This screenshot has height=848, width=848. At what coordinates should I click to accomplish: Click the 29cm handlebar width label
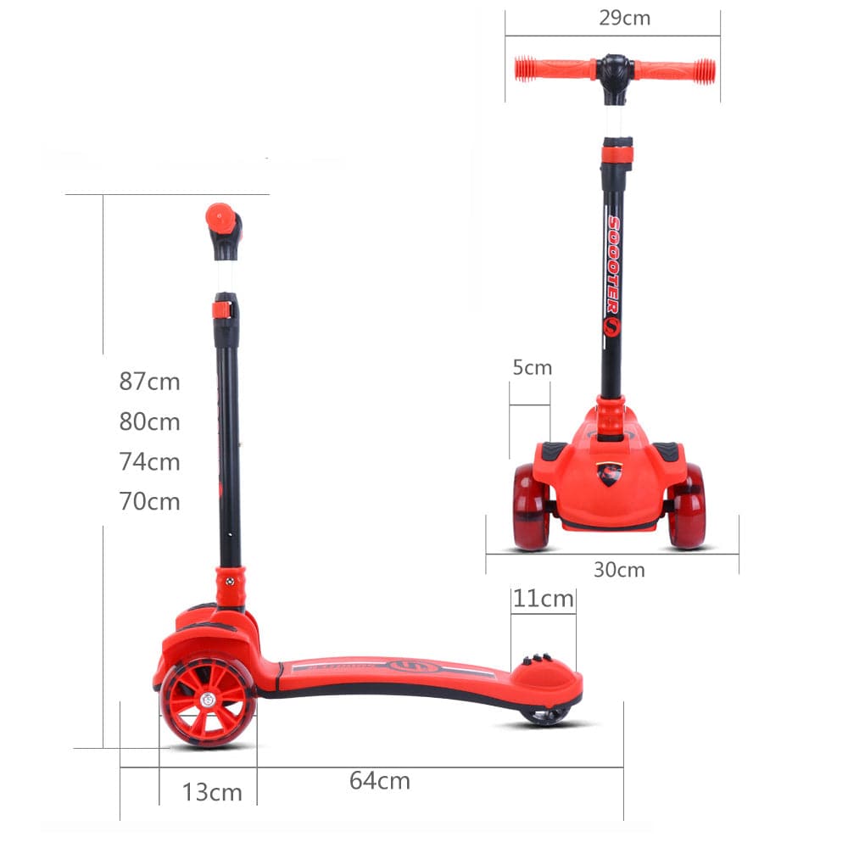pyautogui.click(x=624, y=18)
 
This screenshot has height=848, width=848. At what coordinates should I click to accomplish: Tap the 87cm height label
pyautogui.click(x=149, y=382)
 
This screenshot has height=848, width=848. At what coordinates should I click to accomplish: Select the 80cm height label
pyautogui.click(x=149, y=421)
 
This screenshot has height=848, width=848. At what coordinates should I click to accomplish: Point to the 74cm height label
pyautogui.click(x=149, y=462)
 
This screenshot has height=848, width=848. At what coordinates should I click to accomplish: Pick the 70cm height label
pyautogui.click(x=149, y=502)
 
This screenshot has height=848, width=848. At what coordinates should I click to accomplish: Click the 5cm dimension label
pyautogui.click(x=532, y=368)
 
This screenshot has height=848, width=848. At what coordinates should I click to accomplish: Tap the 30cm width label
pyautogui.click(x=618, y=570)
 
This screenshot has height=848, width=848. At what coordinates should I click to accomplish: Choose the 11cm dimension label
pyautogui.click(x=544, y=600)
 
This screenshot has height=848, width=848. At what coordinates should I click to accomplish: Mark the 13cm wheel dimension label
pyautogui.click(x=212, y=793)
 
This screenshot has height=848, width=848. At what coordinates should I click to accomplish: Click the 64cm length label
pyautogui.click(x=379, y=781)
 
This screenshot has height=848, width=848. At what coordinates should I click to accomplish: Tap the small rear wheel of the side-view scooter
pyautogui.click(x=544, y=717)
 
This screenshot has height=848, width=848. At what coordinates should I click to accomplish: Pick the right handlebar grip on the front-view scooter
pyautogui.click(x=675, y=71)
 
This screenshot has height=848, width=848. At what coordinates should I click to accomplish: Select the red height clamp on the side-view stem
pyautogui.click(x=222, y=310)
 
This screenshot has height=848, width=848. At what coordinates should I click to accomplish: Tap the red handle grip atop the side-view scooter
pyautogui.click(x=220, y=218)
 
